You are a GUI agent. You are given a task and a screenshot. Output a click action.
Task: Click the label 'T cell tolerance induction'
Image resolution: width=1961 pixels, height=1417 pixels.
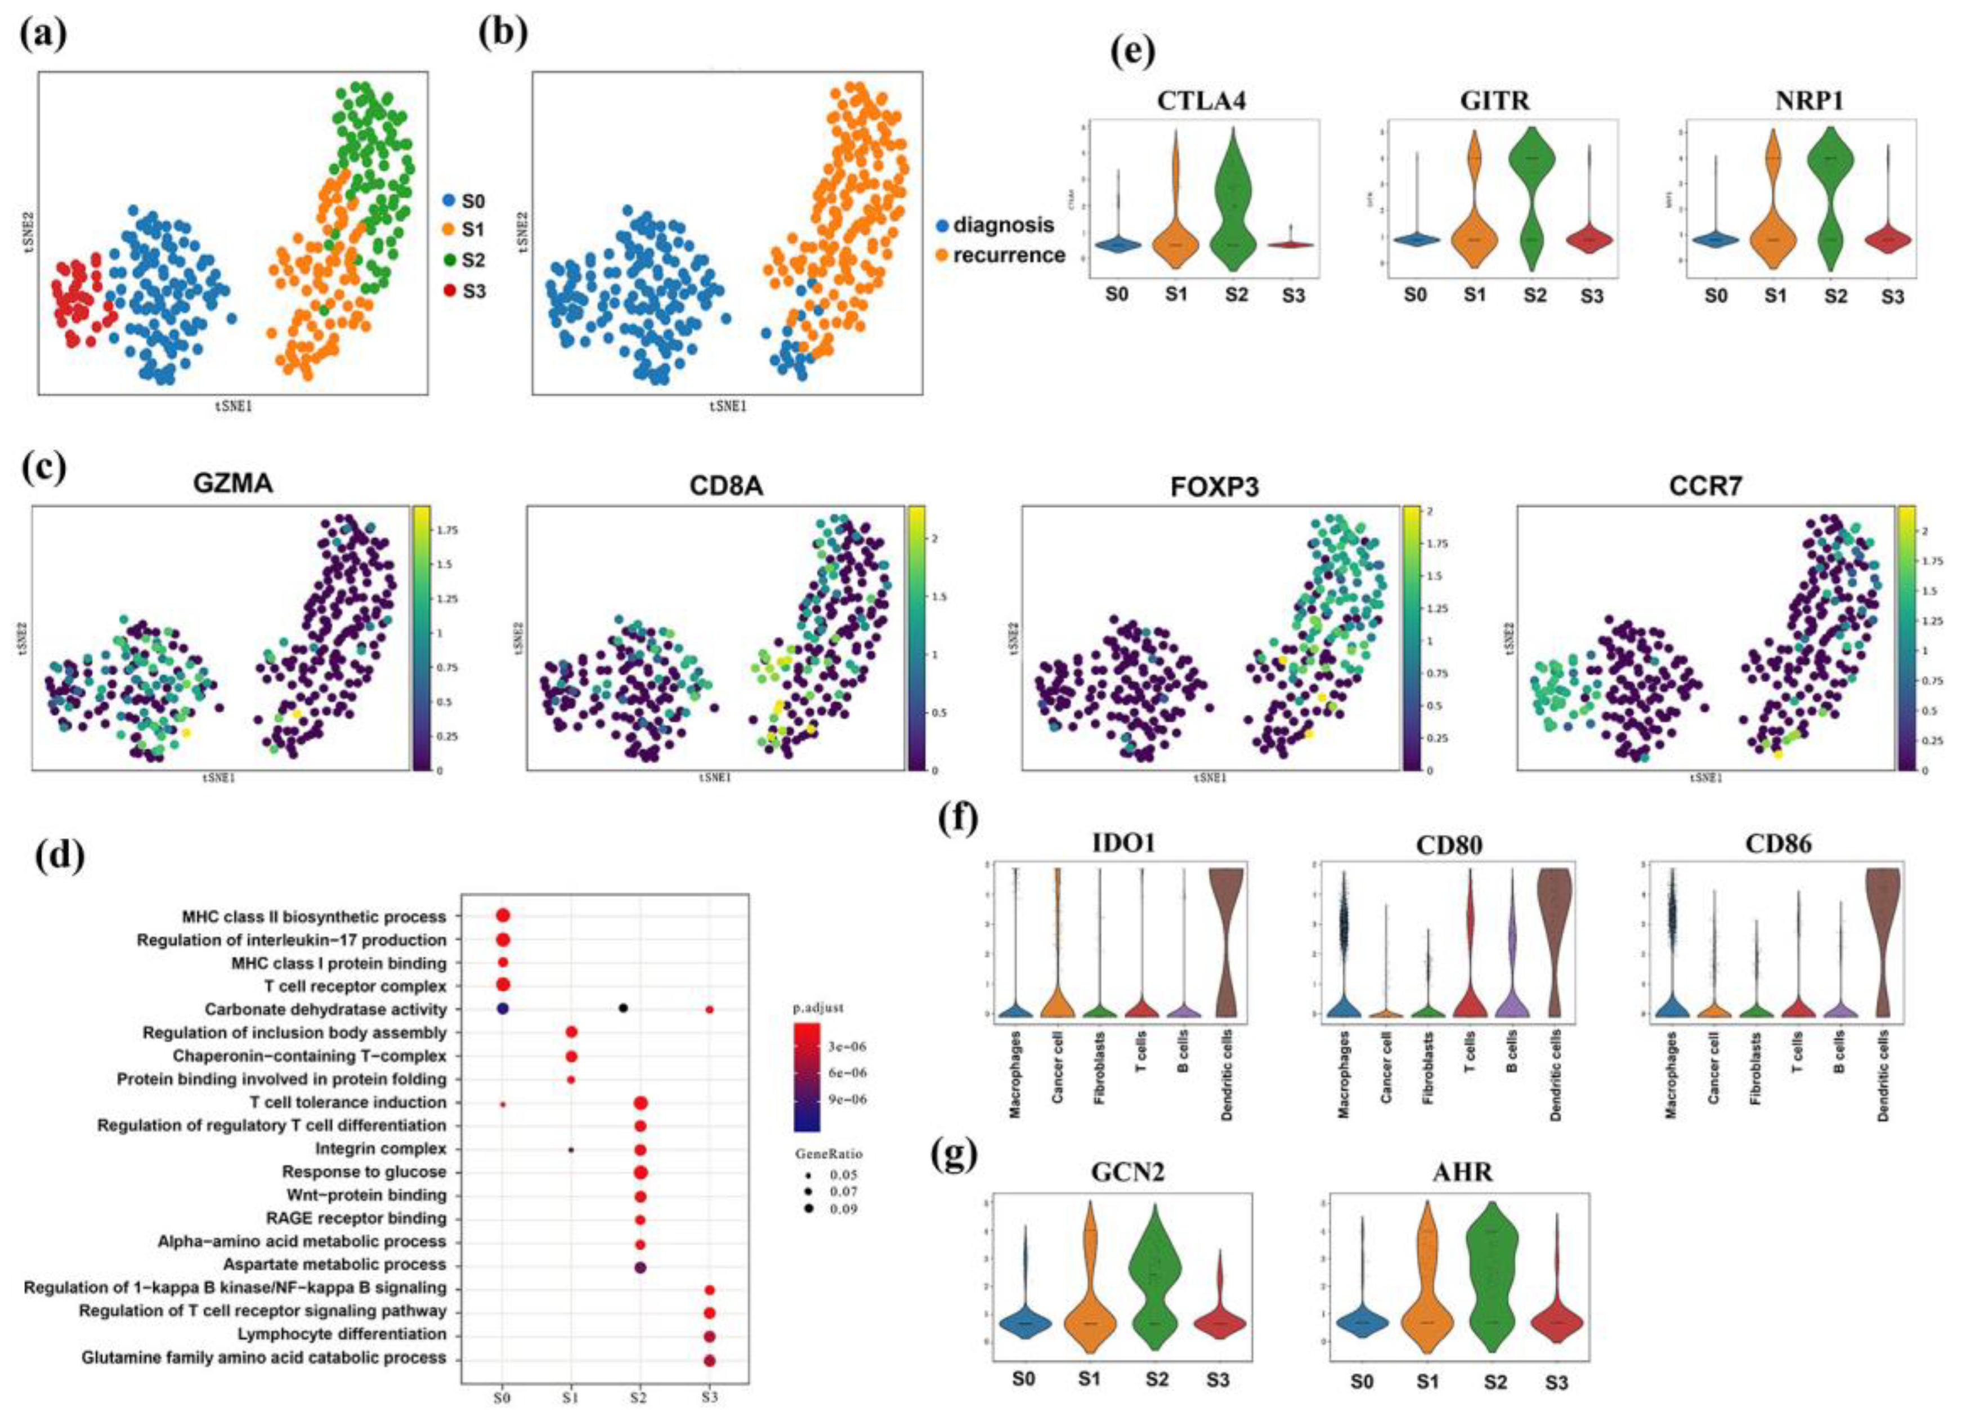348,1102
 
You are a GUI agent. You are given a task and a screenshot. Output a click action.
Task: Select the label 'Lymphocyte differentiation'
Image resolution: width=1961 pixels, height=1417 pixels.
342,1335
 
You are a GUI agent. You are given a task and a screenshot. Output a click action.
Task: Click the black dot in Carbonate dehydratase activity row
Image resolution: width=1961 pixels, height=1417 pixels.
623,1008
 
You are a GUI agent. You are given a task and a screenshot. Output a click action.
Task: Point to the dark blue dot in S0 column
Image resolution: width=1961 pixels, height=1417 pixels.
503,1009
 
